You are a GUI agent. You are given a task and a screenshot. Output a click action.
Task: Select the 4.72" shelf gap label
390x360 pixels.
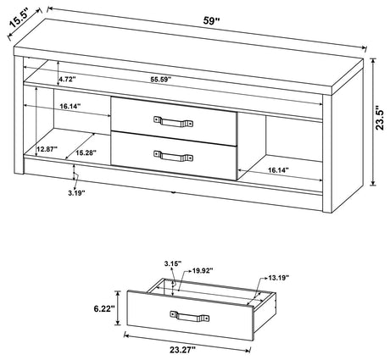click(69, 79)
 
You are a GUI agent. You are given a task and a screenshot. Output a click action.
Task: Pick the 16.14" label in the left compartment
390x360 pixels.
click(71, 108)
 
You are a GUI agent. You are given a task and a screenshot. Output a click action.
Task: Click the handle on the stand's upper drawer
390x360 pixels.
click(167, 120)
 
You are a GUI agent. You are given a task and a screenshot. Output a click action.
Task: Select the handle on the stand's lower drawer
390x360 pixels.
click(167, 155)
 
